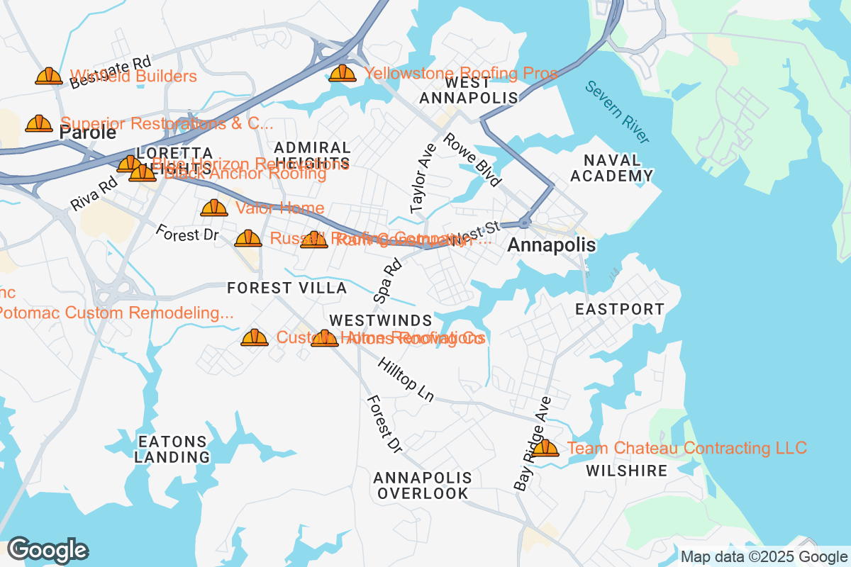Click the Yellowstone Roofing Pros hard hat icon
(343, 73)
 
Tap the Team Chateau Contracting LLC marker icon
(545, 448)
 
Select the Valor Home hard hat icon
(214, 208)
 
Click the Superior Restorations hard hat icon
(39, 124)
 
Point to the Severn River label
(618, 112)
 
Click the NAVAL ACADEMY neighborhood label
(611, 168)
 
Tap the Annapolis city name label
(552, 245)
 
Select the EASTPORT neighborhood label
(620, 309)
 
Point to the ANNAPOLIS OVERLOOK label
(422, 485)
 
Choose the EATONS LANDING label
(173, 449)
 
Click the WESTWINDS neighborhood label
(381, 321)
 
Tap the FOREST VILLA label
(287, 288)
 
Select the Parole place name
(88, 133)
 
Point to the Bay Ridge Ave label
(533, 443)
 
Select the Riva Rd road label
(94, 193)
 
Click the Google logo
(48, 550)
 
